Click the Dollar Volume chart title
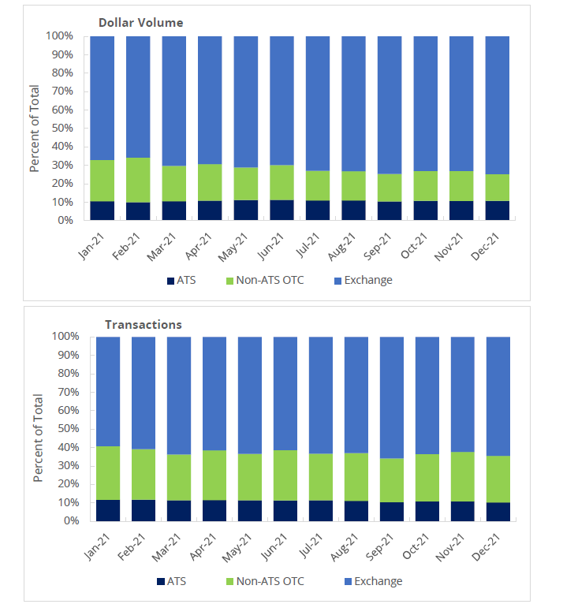tap(140, 23)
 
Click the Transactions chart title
tap(144, 325)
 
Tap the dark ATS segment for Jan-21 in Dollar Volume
tap(103, 211)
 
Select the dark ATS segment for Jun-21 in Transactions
tap(285, 511)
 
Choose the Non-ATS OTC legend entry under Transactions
tap(257, 581)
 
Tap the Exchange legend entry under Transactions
tap(371, 581)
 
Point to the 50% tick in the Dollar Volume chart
tap(62, 129)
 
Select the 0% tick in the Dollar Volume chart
tap(66, 221)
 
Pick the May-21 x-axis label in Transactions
tap(242, 542)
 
